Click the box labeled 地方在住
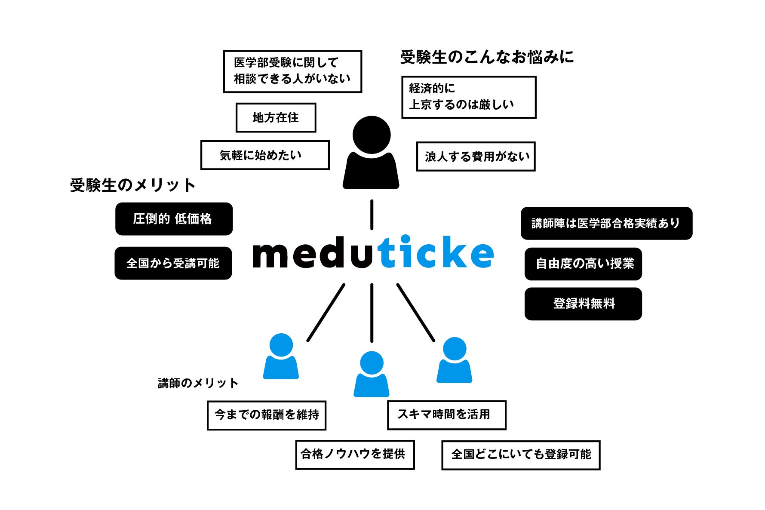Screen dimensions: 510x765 [x=276, y=117]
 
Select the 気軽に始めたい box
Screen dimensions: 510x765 [x=264, y=155]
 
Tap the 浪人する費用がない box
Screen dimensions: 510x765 [x=476, y=157]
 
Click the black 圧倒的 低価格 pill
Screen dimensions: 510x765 [x=174, y=219]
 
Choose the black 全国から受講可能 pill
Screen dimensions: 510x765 [x=173, y=263]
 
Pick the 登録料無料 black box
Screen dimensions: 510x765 [x=583, y=304]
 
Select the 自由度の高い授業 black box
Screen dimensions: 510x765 [x=583, y=264]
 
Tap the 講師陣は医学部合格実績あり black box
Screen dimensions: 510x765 [x=606, y=223]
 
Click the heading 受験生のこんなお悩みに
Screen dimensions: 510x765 [x=487, y=57]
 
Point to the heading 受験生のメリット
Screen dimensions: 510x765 [x=132, y=185]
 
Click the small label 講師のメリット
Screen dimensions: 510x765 [x=198, y=383]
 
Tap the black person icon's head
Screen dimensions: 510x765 [x=371, y=134]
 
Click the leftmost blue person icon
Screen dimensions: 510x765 [x=281, y=357]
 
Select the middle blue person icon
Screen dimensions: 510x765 [x=371, y=374]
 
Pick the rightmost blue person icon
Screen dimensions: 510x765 [x=454, y=360]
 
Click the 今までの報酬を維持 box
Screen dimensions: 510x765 [x=266, y=415]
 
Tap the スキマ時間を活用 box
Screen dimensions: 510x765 [x=446, y=415]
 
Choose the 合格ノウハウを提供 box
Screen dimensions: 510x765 [x=355, y=455]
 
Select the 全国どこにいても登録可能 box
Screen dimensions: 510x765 [x=520, y=455]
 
